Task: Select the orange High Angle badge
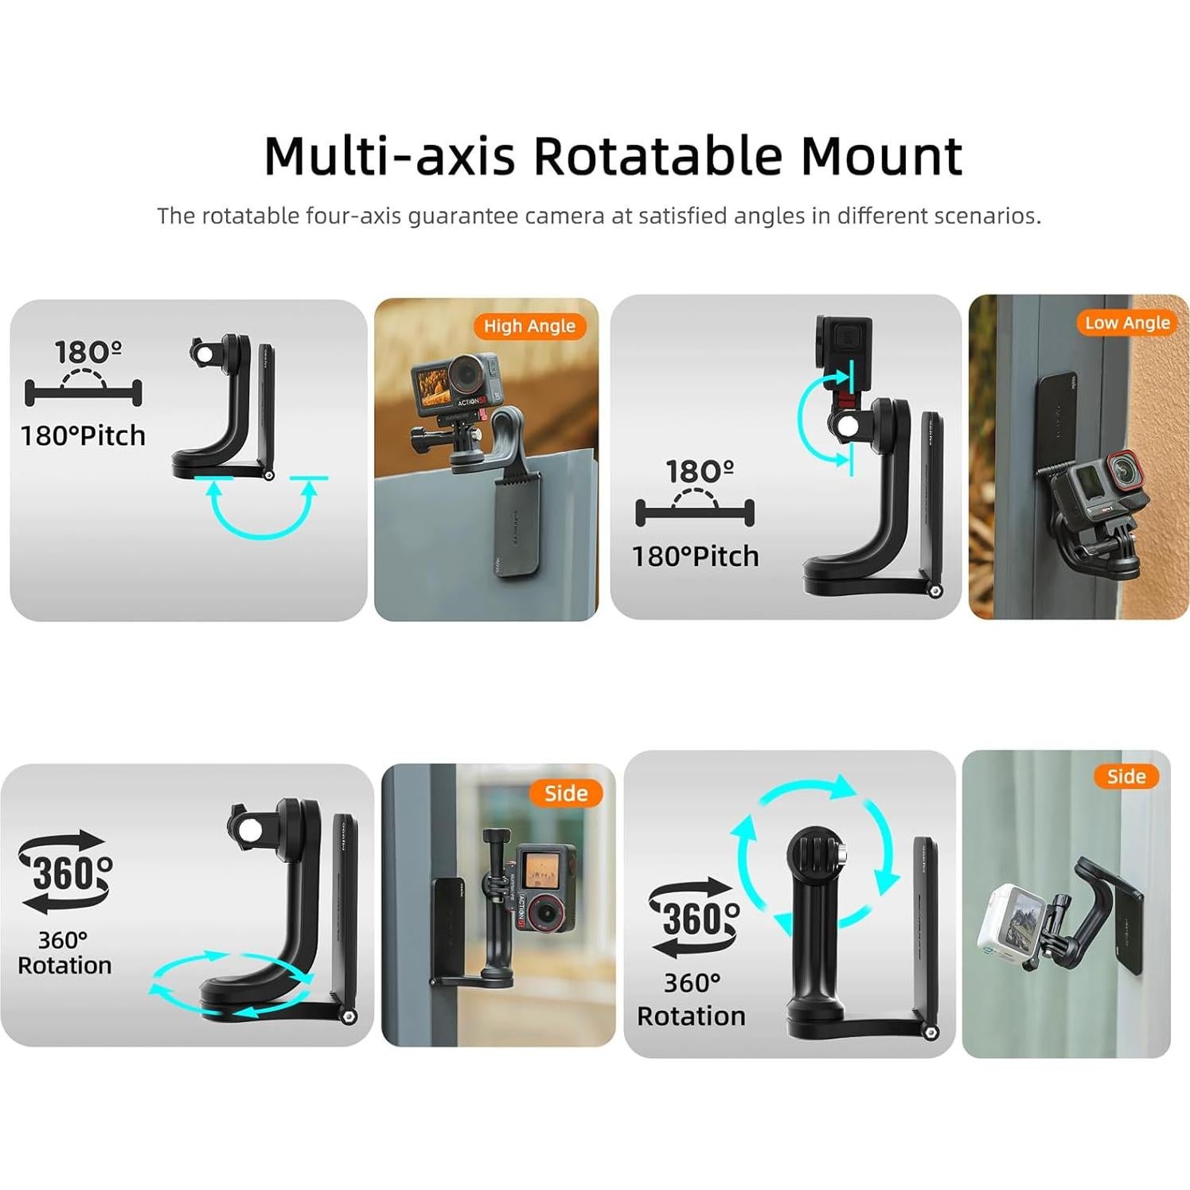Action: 529,326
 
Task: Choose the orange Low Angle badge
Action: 1127,322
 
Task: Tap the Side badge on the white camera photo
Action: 1126,776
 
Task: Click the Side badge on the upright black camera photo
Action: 566,793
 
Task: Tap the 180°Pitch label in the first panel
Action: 84,435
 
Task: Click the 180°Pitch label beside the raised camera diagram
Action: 695,556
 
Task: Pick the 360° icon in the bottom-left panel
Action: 66,872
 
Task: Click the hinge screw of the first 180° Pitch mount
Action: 269,475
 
